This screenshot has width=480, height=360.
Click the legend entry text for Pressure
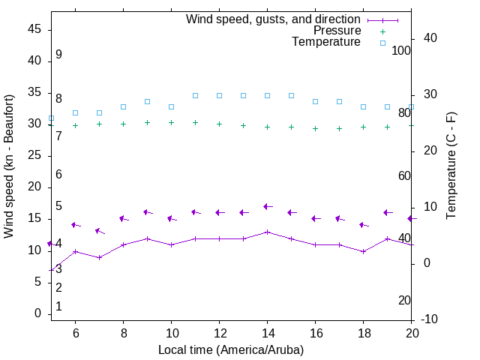(x=337, y=31)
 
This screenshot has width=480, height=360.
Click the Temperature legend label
(x=326, y=42)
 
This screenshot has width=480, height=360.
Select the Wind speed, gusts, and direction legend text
(x=274, y=19)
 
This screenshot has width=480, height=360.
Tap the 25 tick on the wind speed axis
(x=34, y=155)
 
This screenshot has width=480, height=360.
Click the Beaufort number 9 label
(x=58, y=55)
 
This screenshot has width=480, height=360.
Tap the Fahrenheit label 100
(x=401, y=50)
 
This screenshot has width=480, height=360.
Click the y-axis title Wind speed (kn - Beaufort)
(x=10, y=166)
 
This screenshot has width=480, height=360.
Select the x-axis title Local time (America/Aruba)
(x=231, y=349)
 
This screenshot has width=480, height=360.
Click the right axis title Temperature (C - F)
(x=451, y=166)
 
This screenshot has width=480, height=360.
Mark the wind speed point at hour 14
(x=267, y=232)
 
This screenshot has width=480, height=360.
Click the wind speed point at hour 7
(x=99, y=257)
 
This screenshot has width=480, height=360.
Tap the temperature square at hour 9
(x=147, y=101)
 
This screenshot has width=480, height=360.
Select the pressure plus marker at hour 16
(x=315, y=128)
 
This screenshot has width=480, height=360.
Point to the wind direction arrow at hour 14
(x=267, y=206)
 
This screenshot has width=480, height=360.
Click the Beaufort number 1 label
(x=58, y=307)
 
